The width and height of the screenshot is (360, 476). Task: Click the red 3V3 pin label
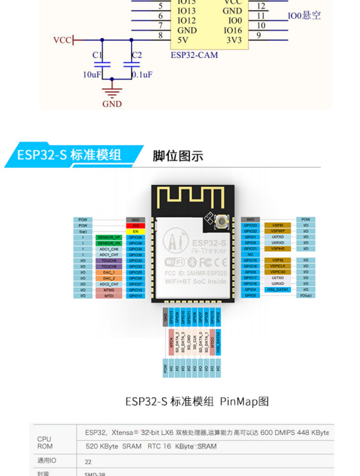coord(135,226)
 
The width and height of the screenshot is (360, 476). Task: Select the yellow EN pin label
coord(135,232)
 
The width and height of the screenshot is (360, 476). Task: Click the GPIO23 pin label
coord(250,226)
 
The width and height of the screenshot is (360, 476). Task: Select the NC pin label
coord(250,254)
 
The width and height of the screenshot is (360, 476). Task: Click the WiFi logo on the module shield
coord(175,262)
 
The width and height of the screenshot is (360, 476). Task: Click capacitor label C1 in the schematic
coord(97,55)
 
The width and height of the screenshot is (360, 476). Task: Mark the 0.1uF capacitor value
coord(142,74)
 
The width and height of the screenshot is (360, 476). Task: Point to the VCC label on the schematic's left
coord(62,40)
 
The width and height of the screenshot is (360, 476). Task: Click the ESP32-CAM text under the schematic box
coord(194,55)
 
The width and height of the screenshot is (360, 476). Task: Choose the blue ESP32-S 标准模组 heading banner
coord(71,155)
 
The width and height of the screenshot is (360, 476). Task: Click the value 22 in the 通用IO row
coord(88,461)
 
